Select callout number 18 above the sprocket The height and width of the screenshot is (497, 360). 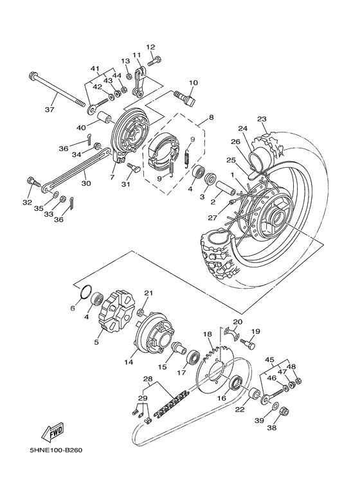207,334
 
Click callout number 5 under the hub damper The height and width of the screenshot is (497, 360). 96,343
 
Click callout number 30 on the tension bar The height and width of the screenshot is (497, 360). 85,182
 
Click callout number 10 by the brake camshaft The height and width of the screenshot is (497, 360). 193,82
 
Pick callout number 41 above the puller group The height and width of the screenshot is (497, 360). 96,68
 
